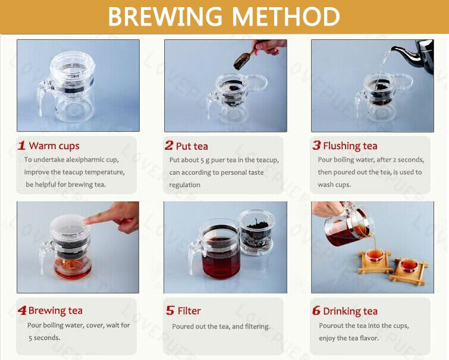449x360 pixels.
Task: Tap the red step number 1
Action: (x=22, y=146)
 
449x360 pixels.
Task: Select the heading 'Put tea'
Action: (x=192, y=146)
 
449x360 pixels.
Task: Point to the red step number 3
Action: (x=316, y=146)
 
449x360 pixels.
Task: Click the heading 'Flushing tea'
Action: (x=350, y=146)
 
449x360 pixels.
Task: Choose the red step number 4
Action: (x=22, y=310)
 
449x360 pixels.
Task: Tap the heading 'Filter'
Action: (x=189, y=311)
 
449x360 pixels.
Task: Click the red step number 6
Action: (x=316, y=310)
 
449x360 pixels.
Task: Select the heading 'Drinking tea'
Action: (x=350, y=311)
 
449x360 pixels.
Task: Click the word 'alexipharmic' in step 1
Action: (x=85, y=160)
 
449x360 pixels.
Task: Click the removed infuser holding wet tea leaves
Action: (x=256, y=233)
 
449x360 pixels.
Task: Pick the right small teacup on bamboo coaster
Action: (x=409, y=265)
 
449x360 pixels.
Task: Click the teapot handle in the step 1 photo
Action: (x=43, y=96)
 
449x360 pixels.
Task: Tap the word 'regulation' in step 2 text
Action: (x=185, y=185)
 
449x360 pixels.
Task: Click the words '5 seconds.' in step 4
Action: (x=45, y=337)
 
